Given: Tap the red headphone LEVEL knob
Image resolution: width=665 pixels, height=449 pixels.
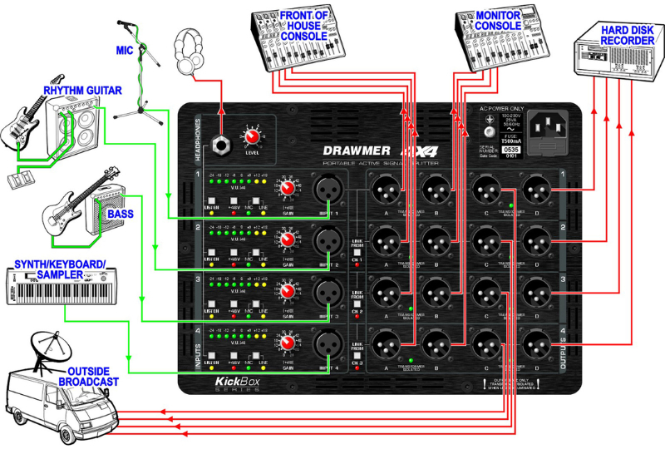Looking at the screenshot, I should [x=250, y=136].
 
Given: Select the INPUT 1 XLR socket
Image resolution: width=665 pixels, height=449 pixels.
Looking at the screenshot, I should [x=326, y=190].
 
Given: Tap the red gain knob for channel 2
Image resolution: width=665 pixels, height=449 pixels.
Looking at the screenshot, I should [x=288, y=242].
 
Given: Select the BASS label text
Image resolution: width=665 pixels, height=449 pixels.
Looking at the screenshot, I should [x=120, y=214].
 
